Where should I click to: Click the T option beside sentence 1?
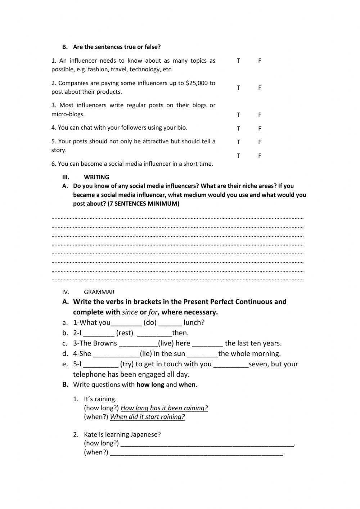(238, 61)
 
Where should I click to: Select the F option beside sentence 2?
(259, 88)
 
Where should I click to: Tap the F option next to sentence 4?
(259, 129)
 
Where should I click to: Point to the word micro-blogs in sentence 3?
(68, 115)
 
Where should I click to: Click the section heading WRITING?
(96, 177)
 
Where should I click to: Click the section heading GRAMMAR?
(99, 292)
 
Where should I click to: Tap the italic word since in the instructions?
(130, 312)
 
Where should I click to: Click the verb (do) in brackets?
(150, 323)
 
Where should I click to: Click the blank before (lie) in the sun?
(116, 354)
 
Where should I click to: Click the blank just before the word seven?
(231, 365)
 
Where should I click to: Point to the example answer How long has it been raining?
(164, 408)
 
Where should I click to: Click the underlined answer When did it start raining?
(147, 417)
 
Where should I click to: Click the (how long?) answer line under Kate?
(207, 444)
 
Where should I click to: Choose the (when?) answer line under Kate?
(197, 453)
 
